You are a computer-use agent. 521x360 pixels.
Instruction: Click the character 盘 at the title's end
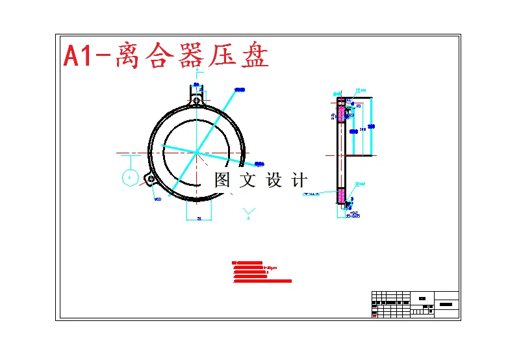(x=254, y=57)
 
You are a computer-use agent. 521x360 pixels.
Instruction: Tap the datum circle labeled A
(x=130, y=177)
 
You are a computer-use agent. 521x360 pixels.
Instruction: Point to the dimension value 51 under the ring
(x=199, y=219)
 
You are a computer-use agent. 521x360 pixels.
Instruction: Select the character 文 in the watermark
(x=248, y=180)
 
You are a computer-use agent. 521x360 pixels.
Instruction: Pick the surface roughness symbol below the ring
(x=249, y=212)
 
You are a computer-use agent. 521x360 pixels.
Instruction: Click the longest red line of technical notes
(x=262, y=281)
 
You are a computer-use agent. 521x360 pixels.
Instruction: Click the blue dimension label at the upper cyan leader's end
(x=238, y=89)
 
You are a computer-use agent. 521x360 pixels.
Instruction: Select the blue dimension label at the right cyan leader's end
(x=259, y=164)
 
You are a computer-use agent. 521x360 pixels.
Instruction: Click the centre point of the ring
(x=196, y=153)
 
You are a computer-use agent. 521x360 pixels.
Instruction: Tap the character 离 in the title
(x=127, y=57)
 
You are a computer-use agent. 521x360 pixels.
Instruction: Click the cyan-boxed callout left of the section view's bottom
(x=313, y=193)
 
